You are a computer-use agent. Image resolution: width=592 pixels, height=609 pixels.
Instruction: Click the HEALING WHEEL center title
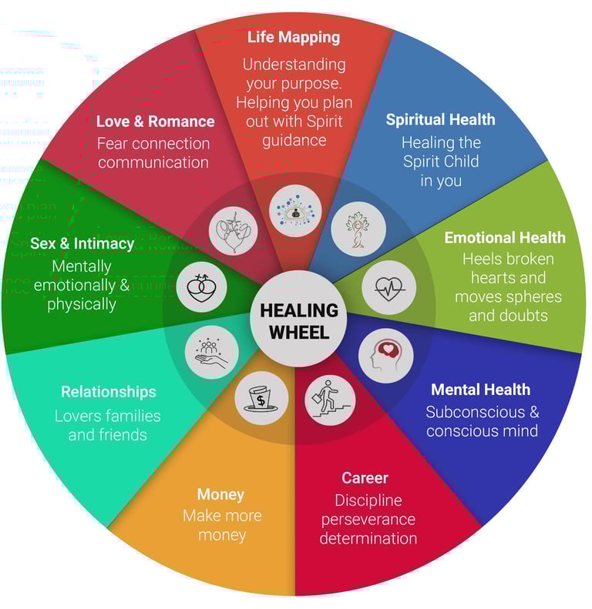coord(299,321)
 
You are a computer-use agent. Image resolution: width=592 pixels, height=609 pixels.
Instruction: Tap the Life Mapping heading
coord(294,36)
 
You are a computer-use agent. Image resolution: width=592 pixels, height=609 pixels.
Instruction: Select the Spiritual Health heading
coord(440,119)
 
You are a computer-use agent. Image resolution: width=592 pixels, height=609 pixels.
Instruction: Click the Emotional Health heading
coord(505,237)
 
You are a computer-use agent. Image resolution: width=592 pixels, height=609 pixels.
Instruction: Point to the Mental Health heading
coord(480,390)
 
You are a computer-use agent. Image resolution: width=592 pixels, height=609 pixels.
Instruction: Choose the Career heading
coord(365,478)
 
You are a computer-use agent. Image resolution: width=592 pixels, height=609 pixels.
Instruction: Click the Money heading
coord(220,494)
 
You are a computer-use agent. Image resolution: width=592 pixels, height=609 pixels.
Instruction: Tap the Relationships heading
coord(108,392)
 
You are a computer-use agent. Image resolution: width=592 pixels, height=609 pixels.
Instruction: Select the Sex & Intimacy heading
coord(82,243)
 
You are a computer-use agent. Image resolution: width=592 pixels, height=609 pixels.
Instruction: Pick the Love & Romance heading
coord(155,121)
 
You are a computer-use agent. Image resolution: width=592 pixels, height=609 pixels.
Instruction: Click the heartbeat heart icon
coord(388,287)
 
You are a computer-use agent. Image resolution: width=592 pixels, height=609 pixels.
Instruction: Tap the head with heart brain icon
coord(385,355)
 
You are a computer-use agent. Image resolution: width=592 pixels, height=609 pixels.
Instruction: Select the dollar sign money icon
coord(261,398)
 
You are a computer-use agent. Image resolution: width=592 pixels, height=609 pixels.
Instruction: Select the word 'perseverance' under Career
coord(368,519)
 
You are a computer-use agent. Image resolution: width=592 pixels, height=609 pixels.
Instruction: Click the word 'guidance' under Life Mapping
coord(293,140)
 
